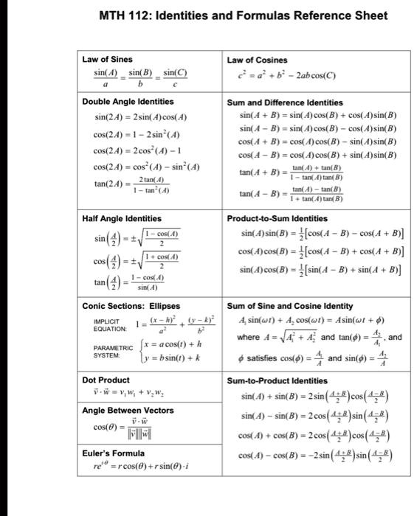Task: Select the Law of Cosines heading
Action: click(258, 60)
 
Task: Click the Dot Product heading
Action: click(104, 380)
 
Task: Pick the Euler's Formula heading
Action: click(113, 453)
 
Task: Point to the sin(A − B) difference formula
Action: click(319, 129)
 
